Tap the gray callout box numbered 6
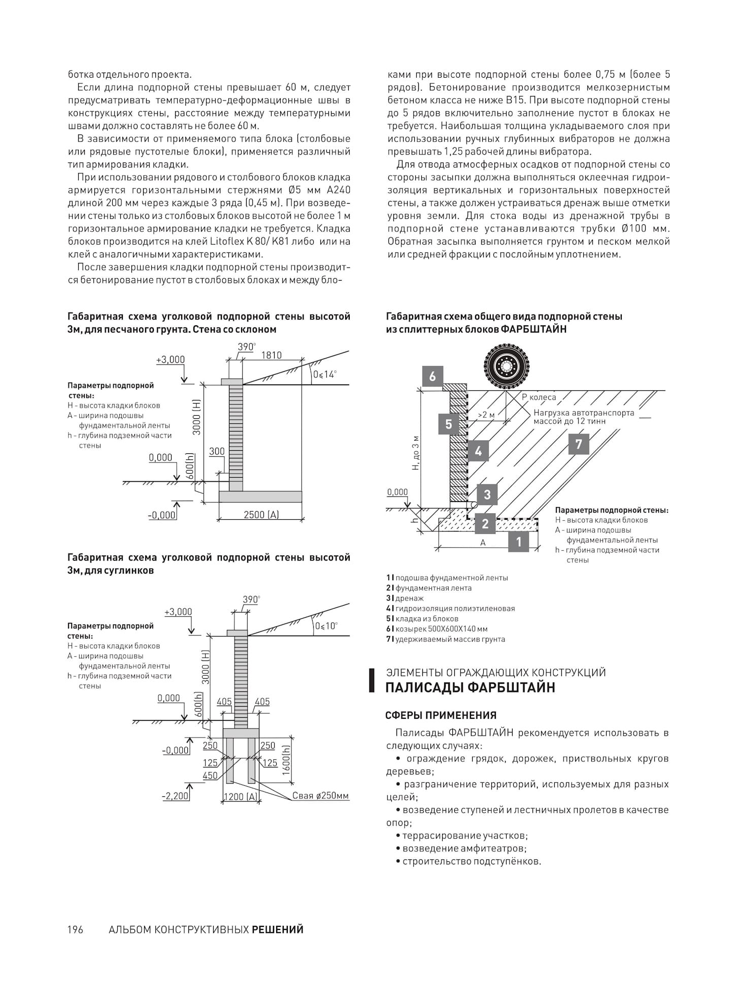pyautogui.click(x=432, y=376)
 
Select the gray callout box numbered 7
pyautogui.click(x=579, y=445)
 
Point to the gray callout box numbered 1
pyautogui.click(x=519, y=542)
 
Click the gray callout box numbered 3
pyautogui.click(x=487, y=494)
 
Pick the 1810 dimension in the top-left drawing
pyautogui.click(x=271, y=355)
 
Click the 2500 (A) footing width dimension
pyautogui.click(x=261, y=515)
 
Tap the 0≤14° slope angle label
pyautogui.click(x=324, y=375)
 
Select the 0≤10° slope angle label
pyautogui.click(x=326, y=626)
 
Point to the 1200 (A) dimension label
pyautogui.click(x=240, y=796)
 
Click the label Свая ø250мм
pyautogui.click(x=320, y=795)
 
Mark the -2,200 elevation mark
pyautogui.click(x=176, y=796)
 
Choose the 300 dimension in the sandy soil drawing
pyautogui.click(x=217, y=452)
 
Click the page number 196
pyautogui.click(x=75, y=929)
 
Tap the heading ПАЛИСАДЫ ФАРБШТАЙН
pyautogui.click(x=470, y=687)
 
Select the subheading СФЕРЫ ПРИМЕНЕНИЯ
pyautogui.click(x=441, y=715)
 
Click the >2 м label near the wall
pyautogui.click(x=486, y=415)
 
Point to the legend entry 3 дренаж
pyautogui.click(x=405, y=598)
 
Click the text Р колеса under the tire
pyautogui.click(x=539, y=397)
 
